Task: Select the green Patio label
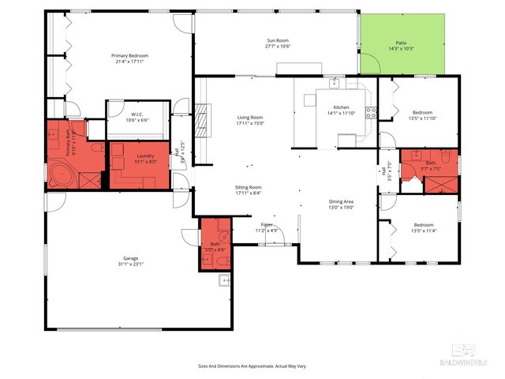click(x=401, y=47)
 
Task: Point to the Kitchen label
click(x=341, y=110)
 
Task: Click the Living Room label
click(x=250, y=121)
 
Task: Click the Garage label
click(x=133, y=261)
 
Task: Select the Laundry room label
click(x=145, y=159)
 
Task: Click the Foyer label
click(x=267, y=227)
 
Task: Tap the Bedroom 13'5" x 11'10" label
click(x=420, y=116)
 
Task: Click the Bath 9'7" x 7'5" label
click(x=430, y=167)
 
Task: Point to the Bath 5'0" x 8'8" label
click(x=214, y=246)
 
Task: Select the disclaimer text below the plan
click(x=252, y=366)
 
